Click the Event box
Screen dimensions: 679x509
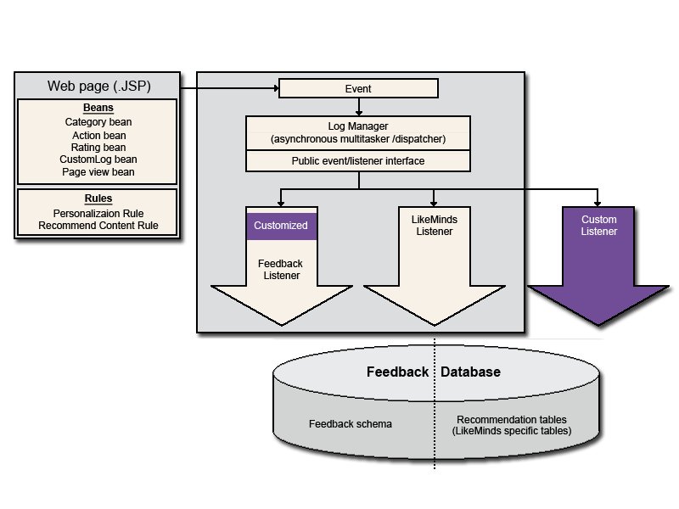point(358,88)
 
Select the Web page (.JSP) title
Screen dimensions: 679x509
point(99,86)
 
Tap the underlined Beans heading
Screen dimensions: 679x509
point(98,108)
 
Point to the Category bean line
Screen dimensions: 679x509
point(98,122)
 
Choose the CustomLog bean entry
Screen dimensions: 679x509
point(98,159)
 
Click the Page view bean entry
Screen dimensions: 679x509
point(98,172)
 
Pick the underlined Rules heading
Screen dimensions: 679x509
point(98,199)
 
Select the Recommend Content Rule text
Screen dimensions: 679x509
point(98,226)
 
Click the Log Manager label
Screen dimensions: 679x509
point(358,126)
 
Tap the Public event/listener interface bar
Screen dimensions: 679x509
point(358,161)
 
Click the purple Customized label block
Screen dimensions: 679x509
point(282,226)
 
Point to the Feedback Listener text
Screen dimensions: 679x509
point(281,269)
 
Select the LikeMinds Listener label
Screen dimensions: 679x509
point(435,225)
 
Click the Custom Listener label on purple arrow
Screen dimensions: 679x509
point(599,225)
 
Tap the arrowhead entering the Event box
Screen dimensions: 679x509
point(277,88)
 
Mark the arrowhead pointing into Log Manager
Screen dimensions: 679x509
point(358,113)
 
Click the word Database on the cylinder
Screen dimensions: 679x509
point(471,372)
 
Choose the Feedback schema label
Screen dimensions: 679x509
point(351,423)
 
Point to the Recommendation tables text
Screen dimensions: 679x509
point(512,419)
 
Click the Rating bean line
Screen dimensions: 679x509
point(98,147)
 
